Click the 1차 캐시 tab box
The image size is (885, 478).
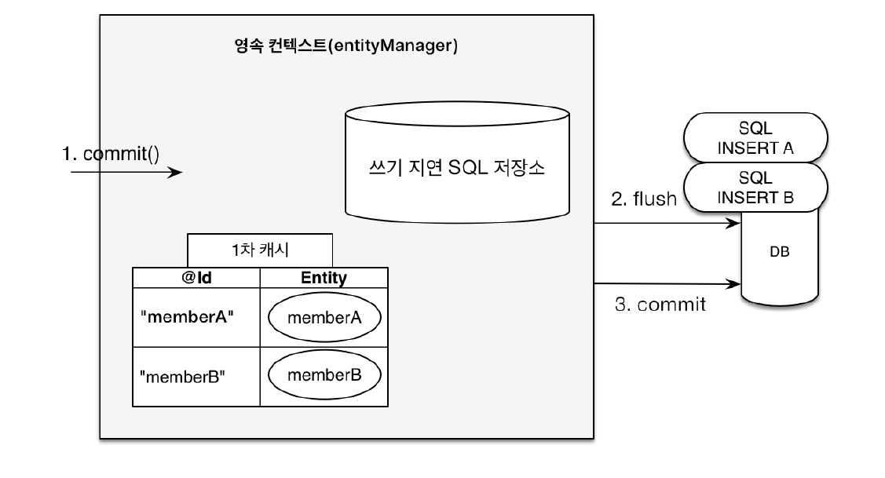pos(260,250)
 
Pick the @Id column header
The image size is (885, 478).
pos(196,278)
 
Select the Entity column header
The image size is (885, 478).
pos(324,278)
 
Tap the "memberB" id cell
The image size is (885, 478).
pos(182,375)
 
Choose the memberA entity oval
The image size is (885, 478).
pos(324,318)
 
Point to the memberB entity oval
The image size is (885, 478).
pos(324,375)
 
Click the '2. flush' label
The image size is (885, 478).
pos(643,199)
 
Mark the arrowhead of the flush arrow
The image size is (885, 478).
pos(736,224)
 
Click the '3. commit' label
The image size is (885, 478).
pos(660,305)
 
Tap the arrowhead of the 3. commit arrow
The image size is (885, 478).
pos(736,283)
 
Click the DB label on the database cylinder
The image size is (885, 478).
pos(780,255)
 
